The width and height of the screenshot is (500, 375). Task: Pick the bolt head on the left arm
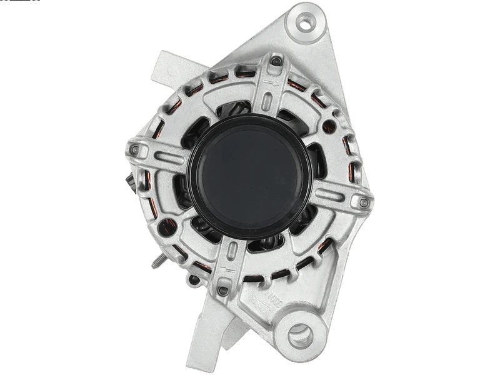pyautogui.click(x=134, y=150)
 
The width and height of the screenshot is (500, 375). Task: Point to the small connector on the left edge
pyautogui.click(x=129, y=181)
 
